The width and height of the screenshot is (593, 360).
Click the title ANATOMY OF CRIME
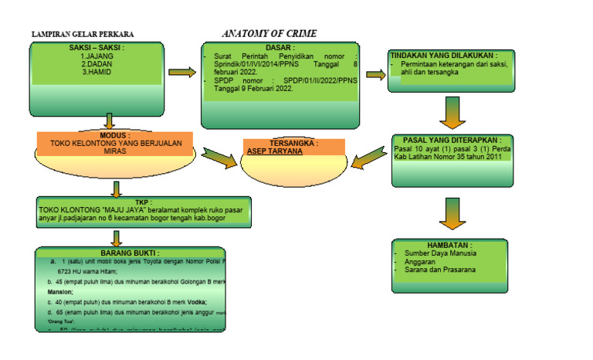pos(269,34)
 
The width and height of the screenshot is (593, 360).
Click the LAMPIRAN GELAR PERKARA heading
pos(82,35)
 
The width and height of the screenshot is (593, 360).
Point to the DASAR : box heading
pos(280,48)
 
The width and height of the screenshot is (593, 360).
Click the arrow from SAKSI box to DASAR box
pos(182,73)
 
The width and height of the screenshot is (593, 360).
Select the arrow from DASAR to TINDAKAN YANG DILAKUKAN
pos(374,74)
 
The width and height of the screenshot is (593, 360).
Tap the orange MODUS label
pos(114,135)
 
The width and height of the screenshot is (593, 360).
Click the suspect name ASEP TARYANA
pos(274,151)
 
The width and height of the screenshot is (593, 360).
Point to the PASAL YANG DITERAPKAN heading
pos(452,141)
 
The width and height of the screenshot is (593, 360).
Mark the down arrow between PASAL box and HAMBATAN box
pos(452,212)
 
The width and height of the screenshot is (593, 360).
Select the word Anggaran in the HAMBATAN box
pos(421,261)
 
